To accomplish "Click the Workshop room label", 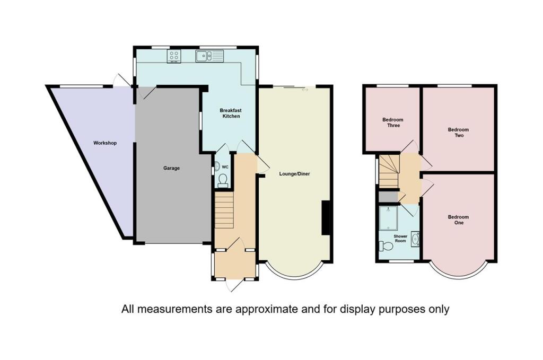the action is tap(105, 143).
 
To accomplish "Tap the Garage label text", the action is tap(171, 168).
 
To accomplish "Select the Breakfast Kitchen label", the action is tap(231, 113).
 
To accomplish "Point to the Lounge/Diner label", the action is tap(294, 174).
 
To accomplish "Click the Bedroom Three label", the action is tap(393, 122).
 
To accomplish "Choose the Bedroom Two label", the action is tap(458, 133).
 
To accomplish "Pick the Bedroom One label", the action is tap(458, 220).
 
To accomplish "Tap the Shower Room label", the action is tap(400, 239).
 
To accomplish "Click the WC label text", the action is tap(225, 167).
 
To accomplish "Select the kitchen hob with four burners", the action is tap(174, 56).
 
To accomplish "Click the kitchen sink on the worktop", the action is tap(209, 56).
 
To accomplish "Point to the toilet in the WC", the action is tap(223, 180).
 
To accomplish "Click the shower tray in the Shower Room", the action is tap(389, 218).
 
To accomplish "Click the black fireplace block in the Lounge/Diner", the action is tap(326, 218).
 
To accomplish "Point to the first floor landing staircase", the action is tap(389, 171).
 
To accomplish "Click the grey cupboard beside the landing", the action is tap(388, 197).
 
